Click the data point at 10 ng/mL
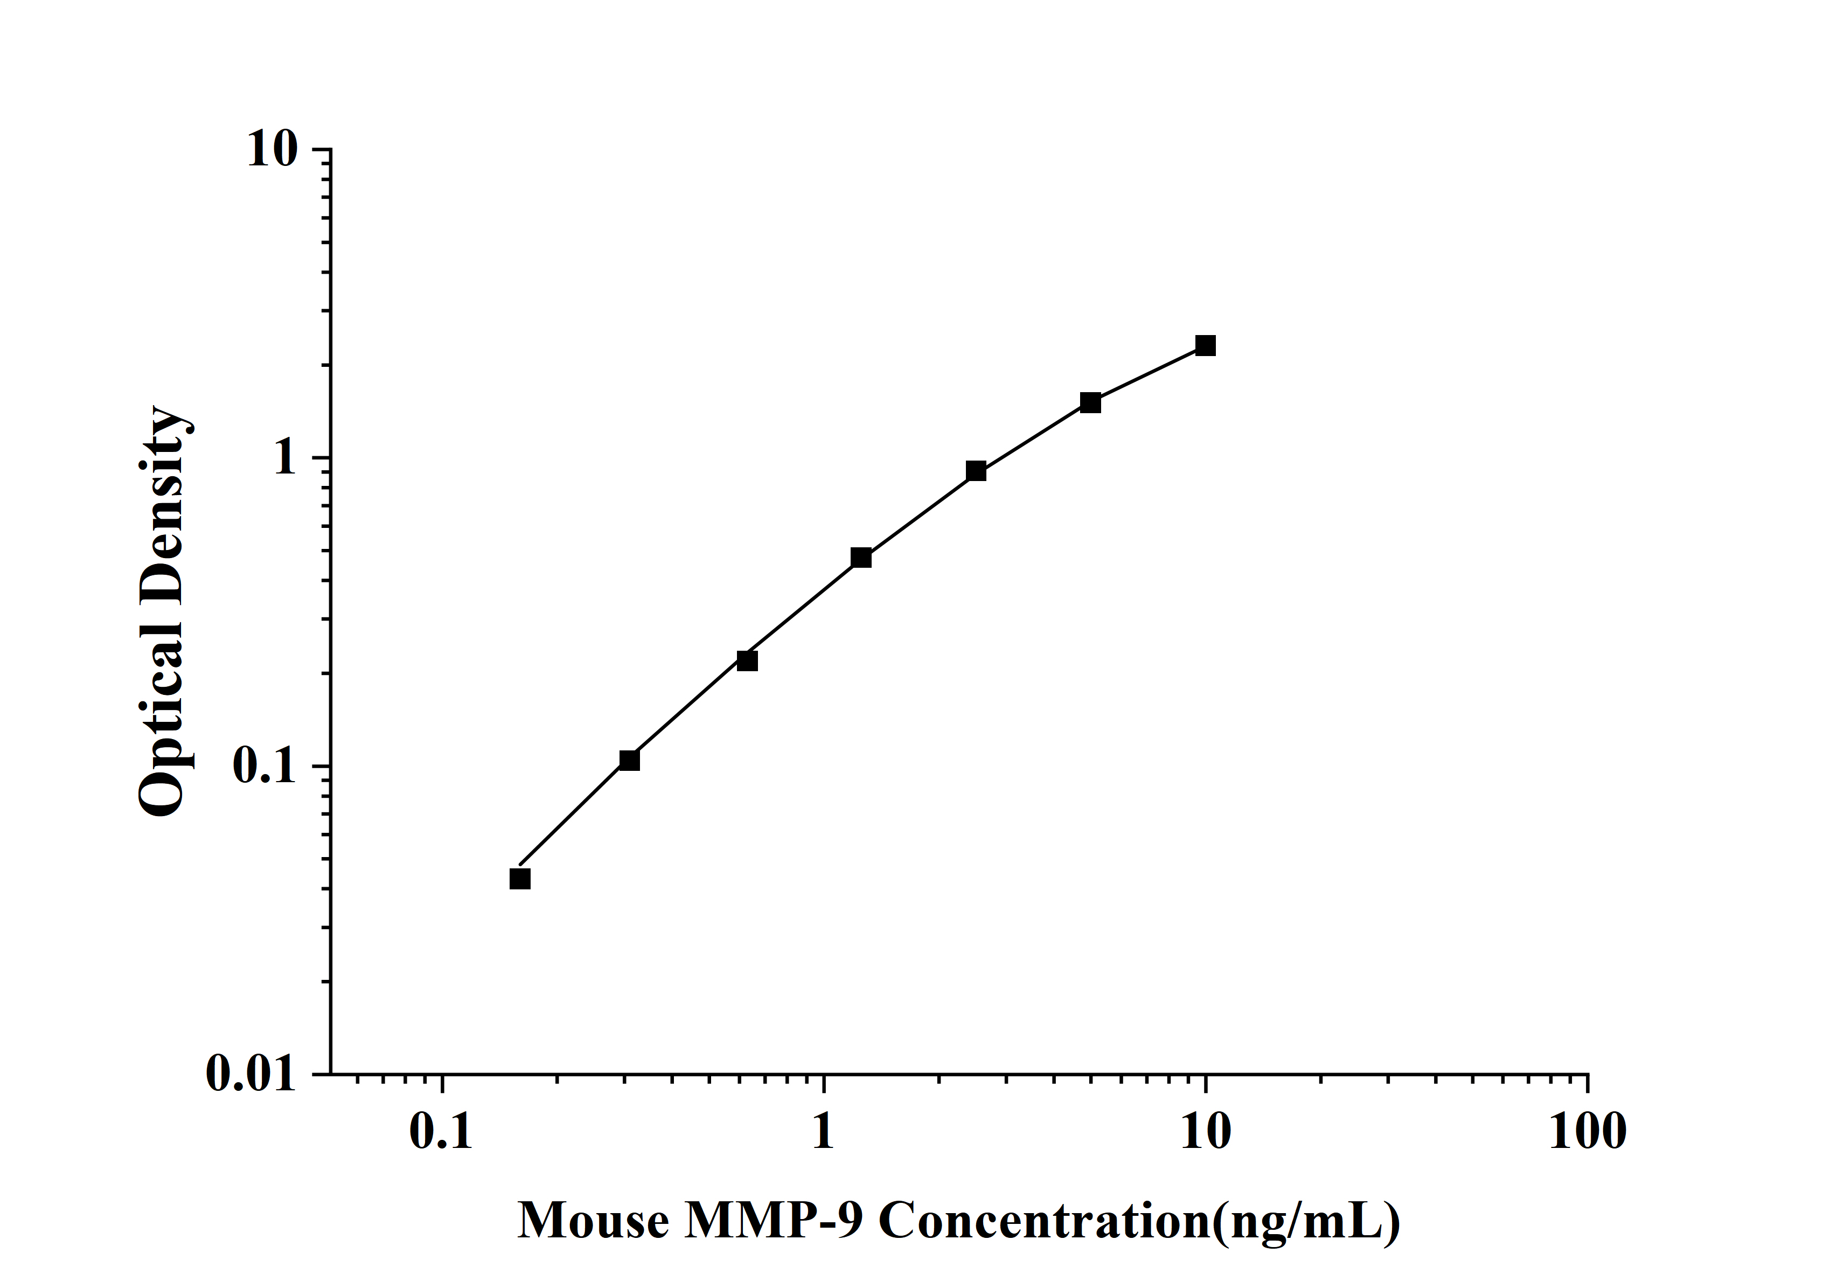tap(1205, 346)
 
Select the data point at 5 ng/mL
tap(1090, 402)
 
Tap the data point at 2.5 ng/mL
tap(976, 471)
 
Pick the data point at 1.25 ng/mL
tap(861, 558)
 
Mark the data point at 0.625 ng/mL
tap(747, 661)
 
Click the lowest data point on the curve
tap(520, 879)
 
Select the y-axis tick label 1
tap(285, 458)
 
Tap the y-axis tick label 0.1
tap(263, 766)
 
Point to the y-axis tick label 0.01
tap(250, 1074)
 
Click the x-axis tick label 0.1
tap(441, 1132)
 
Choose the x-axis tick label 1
tap(823, 1132)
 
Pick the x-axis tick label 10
tap(1205, 1132)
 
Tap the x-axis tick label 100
tap(1587, 1132)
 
